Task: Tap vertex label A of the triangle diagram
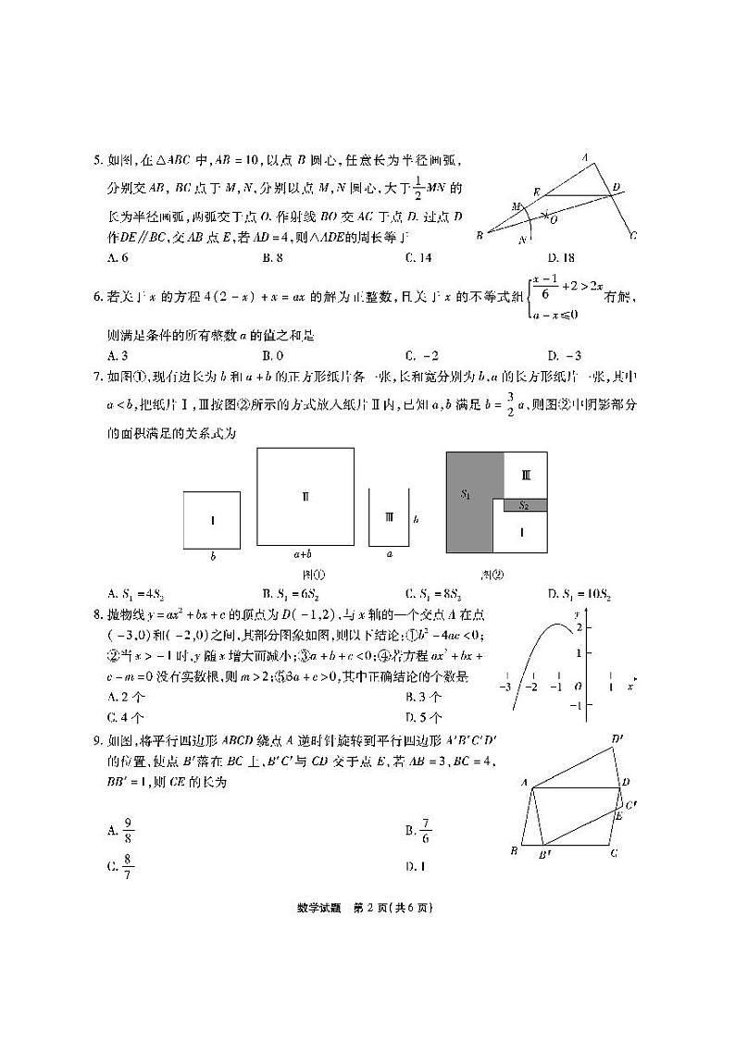coord(584,158)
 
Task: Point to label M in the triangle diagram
coord(517,205)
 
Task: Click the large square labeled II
coord(305,497)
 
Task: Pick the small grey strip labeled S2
coord(523,505)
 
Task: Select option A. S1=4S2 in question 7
coord(135,594)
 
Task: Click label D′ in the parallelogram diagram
coord(617,738)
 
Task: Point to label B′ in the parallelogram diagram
coord(544,855)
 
